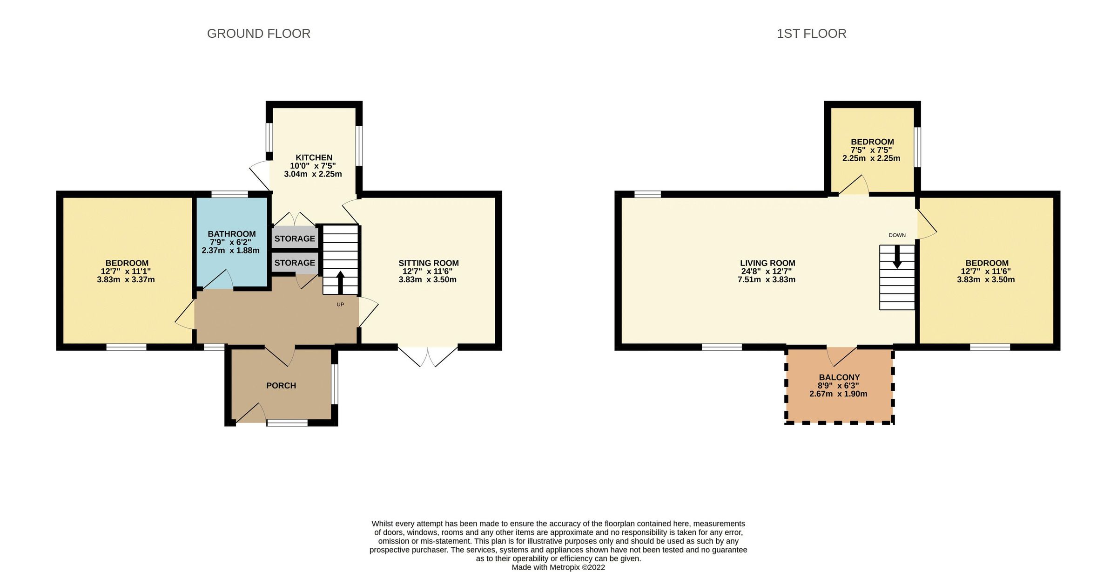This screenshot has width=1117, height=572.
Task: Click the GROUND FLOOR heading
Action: (258, 34)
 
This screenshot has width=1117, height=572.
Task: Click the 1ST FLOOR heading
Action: (811, 34)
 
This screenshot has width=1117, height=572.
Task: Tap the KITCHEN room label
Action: (314, 157)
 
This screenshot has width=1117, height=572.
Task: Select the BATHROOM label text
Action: (231, 234)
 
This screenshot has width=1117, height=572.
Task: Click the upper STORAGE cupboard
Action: (295, 238)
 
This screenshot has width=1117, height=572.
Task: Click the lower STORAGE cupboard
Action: (295, 263)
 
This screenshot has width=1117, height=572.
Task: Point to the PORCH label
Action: (281, 385)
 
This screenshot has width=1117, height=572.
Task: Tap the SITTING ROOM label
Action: (428, 263)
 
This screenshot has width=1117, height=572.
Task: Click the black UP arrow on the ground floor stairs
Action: (340, 282)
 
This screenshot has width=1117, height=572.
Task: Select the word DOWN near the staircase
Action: (897, 235)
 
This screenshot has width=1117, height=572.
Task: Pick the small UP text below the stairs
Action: (340, 305)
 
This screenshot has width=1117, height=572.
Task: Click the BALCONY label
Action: (839, 377)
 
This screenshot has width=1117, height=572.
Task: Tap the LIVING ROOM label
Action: (767, 263)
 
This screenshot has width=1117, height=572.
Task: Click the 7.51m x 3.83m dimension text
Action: (766, 279)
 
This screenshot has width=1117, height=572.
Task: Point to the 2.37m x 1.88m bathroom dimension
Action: (230, 250)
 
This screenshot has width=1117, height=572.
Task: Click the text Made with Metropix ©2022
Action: (558, 567)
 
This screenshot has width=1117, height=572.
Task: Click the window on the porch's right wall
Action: (335, 384)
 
